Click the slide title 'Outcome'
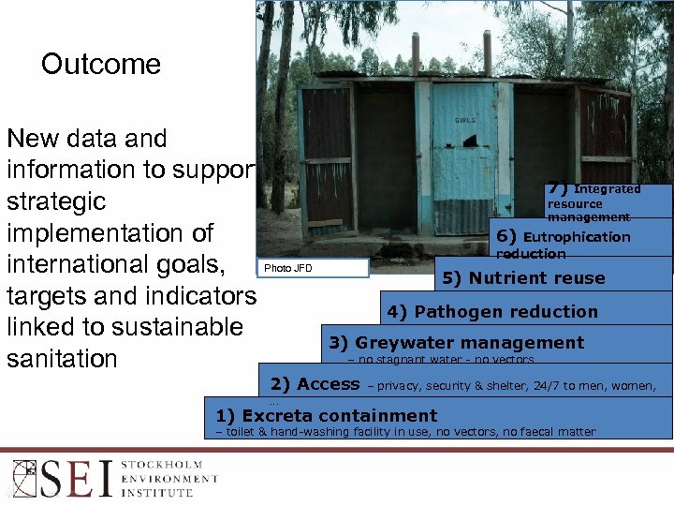(101, 65)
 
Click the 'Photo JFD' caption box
(313, 269)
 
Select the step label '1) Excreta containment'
(326, 415)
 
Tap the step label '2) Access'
(315, 383)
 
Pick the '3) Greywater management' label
(456, 343)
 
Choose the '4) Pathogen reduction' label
(505, 311)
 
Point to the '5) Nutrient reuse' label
(536, 277)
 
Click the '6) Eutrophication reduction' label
(563, 244)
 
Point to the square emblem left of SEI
(22, 478)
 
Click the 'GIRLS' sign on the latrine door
(464, 120)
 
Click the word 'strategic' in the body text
(56, 201)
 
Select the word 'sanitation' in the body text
(62, 359)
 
